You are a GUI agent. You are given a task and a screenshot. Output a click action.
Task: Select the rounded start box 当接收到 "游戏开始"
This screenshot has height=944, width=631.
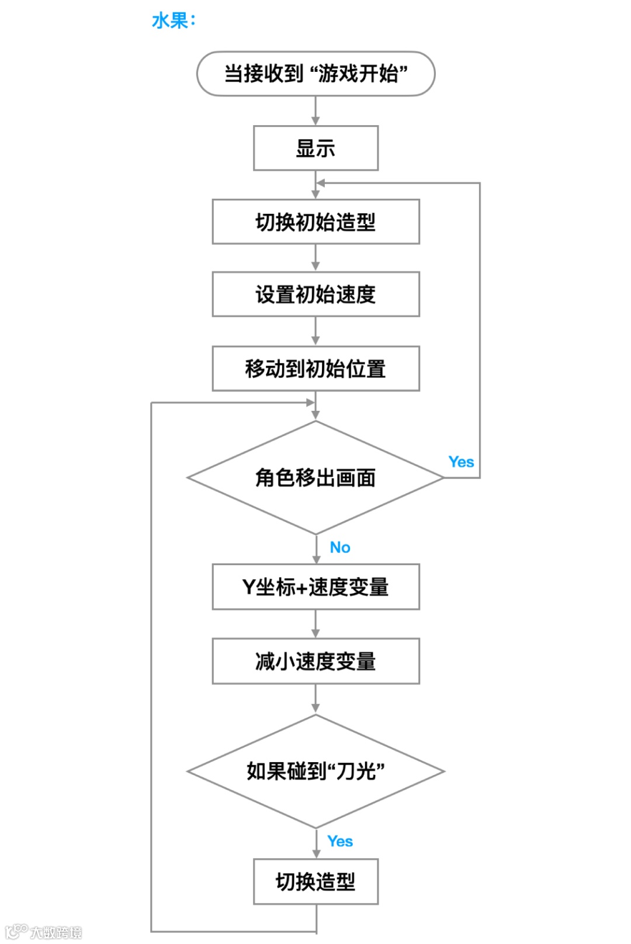click(315, 74)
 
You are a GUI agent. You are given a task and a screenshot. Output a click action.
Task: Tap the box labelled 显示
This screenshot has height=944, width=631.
click(315, 148)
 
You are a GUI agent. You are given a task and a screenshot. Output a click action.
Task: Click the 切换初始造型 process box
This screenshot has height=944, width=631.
click(315, 222)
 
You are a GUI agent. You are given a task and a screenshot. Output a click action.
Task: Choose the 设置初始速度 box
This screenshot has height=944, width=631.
click(315, 294)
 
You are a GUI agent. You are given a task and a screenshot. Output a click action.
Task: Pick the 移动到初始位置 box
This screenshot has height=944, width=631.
click(315, 369)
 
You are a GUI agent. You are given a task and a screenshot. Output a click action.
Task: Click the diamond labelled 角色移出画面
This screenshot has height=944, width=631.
click(315, 478)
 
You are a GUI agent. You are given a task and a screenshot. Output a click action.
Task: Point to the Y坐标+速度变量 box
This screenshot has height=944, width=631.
click(315, 587)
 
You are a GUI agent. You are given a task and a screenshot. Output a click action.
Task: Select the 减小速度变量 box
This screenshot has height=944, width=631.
click(315, 661)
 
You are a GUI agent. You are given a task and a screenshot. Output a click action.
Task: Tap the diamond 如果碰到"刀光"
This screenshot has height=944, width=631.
click(315, 771)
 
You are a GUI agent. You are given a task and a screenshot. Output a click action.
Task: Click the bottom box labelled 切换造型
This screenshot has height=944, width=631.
click(315, 881)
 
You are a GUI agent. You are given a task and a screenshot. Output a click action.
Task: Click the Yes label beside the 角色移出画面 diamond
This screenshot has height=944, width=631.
click(461, 462)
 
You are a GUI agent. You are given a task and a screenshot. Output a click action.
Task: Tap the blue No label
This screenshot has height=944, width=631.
click(340, 547)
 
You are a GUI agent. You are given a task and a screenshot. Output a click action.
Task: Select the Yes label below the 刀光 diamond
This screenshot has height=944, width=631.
click(340, 841)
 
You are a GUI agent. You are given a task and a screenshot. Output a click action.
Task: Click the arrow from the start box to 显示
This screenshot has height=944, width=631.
click(315, 111)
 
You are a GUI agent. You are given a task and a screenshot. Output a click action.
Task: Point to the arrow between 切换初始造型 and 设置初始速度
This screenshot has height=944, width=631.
click(315, 258)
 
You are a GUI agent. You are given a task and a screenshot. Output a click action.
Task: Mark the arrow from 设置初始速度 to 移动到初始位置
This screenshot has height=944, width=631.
click(315, 331)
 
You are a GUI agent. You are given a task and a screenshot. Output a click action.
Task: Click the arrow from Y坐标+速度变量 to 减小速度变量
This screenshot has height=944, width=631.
click(315, 624)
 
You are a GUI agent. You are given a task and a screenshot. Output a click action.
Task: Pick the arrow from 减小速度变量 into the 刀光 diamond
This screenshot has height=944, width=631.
click(315, 699)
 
